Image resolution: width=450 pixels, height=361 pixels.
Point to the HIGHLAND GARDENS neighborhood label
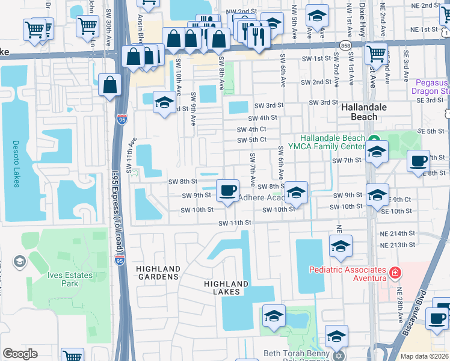pos(158,273)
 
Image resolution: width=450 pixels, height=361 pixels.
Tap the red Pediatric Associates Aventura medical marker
pos(394,274)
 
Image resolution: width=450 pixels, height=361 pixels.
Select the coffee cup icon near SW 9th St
pos(227,191)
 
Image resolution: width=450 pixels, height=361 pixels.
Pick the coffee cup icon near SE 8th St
pos(418,161)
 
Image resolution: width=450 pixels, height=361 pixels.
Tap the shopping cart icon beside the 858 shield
pos(377,53)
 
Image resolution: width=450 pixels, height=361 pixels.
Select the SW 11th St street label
pos(234,223)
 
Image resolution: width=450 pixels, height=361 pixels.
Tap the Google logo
pos(20,354)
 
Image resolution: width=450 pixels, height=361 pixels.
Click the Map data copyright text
pos(424,356)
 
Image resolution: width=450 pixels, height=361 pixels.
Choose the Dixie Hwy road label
pos(362,18)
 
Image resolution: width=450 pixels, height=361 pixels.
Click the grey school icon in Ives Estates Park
pos(20,261)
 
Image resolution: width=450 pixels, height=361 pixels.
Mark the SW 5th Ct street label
pos(251,140)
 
